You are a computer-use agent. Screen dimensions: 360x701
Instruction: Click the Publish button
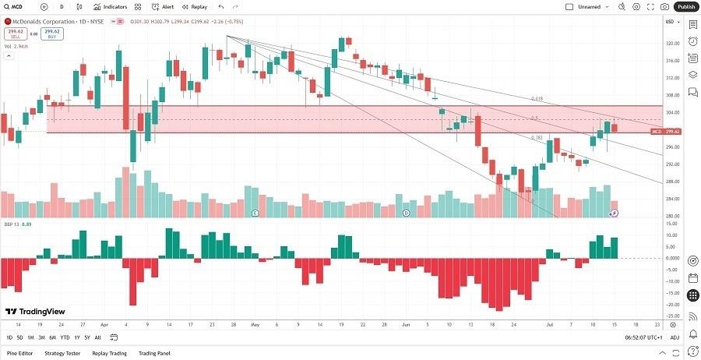686,6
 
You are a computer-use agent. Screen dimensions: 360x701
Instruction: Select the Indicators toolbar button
111,6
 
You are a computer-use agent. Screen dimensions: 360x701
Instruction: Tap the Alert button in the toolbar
164,6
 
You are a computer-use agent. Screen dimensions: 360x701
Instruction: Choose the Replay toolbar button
195,6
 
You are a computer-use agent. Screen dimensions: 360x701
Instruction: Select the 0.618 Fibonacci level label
536,99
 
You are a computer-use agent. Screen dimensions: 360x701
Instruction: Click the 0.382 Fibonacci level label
536,138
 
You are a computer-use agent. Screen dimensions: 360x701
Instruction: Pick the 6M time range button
52,337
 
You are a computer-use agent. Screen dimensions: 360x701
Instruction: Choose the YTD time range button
65,337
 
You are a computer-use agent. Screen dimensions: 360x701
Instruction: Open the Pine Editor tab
19,353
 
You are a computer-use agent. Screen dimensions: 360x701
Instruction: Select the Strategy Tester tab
62,353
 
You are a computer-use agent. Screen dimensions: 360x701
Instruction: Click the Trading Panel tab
154,353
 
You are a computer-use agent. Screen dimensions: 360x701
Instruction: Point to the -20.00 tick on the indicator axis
670,305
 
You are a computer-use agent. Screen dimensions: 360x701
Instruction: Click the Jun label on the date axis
405,323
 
